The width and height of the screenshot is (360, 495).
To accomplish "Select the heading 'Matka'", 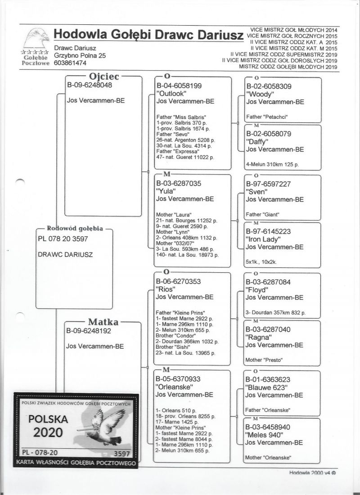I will (x=103, y=322).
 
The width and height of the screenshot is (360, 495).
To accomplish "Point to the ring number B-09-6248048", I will (x=90, y=85).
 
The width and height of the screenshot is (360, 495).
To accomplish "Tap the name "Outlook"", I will (x=171, y=93).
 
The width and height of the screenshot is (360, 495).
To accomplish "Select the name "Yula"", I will (x=166, y=191).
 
